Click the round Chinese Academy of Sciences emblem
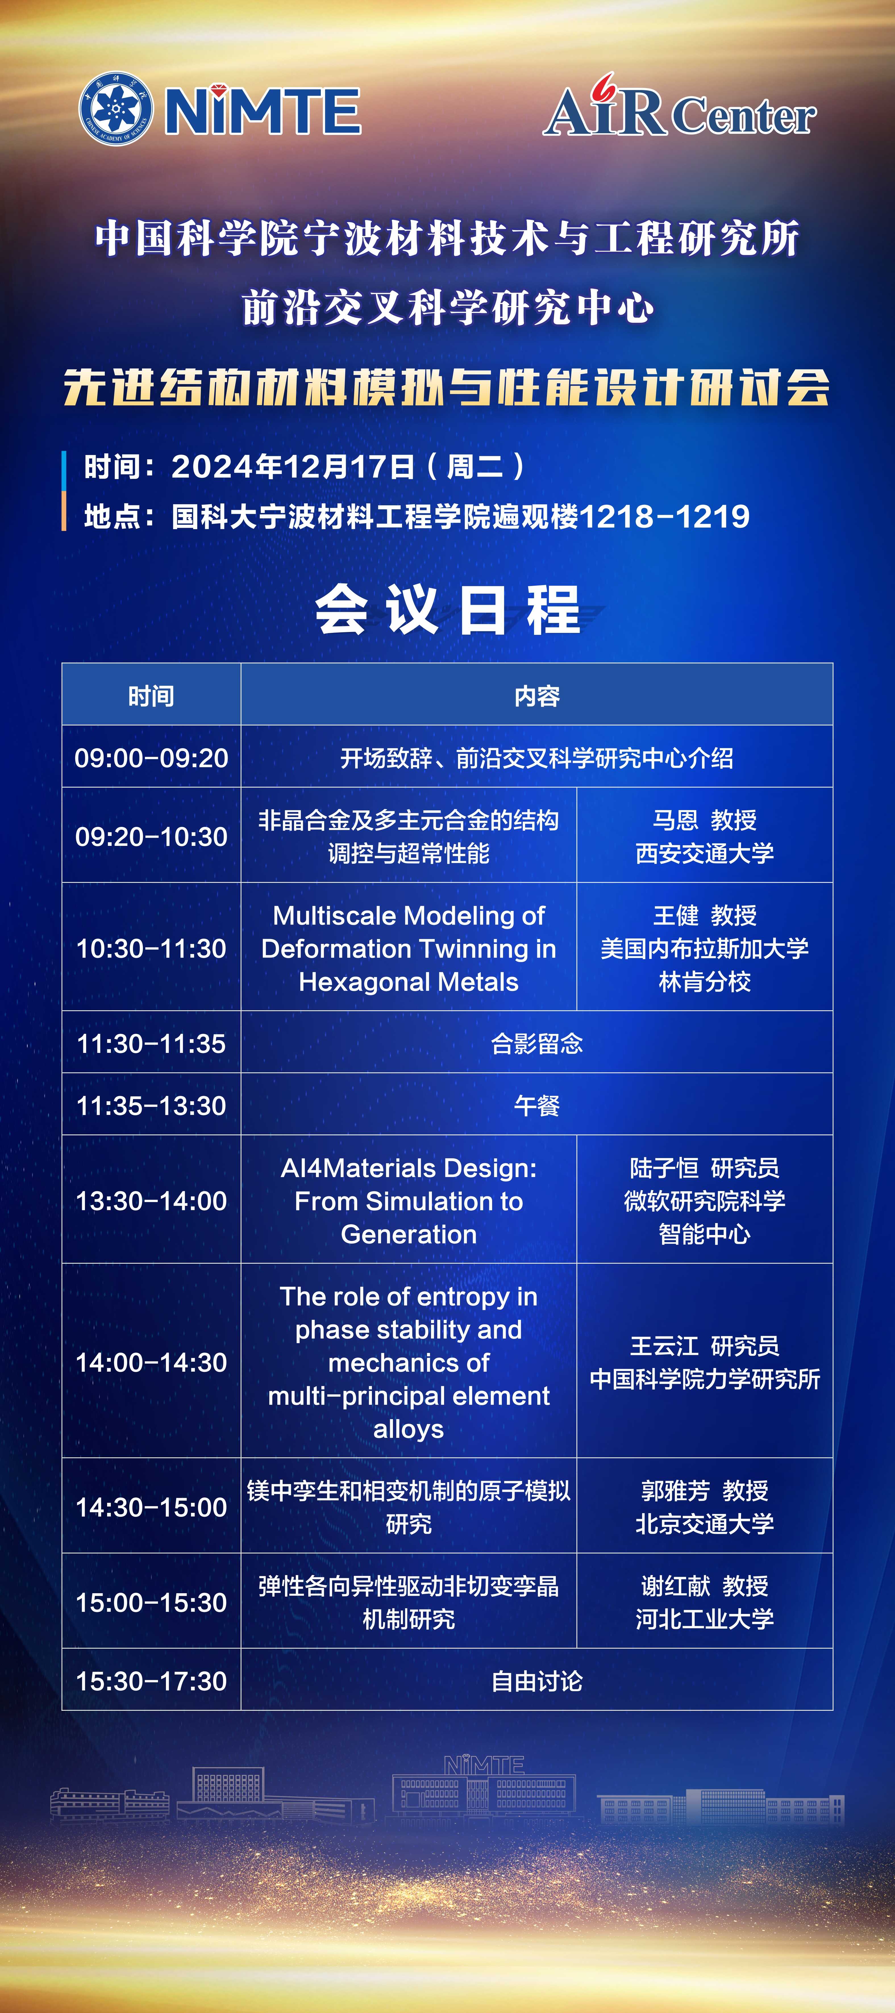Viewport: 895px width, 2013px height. click(116, 109)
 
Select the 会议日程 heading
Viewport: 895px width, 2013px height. click(448, 610)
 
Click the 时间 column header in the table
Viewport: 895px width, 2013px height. click(151, 696)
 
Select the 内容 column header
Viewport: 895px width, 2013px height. click(537, 696)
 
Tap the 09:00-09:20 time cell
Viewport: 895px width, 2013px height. click(151, 757)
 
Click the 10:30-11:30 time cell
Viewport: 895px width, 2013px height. click(151, 948)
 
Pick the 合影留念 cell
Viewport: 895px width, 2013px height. click(537, 1043)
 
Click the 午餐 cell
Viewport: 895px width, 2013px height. click(537, 1105)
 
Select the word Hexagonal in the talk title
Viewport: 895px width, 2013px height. click(357, 982)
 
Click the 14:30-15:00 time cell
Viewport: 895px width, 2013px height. click(151, 1507)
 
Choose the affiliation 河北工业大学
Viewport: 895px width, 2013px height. click(704, 1618)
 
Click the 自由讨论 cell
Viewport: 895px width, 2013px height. click(537, 1681)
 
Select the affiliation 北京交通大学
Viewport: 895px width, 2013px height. click(704, 1523)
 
